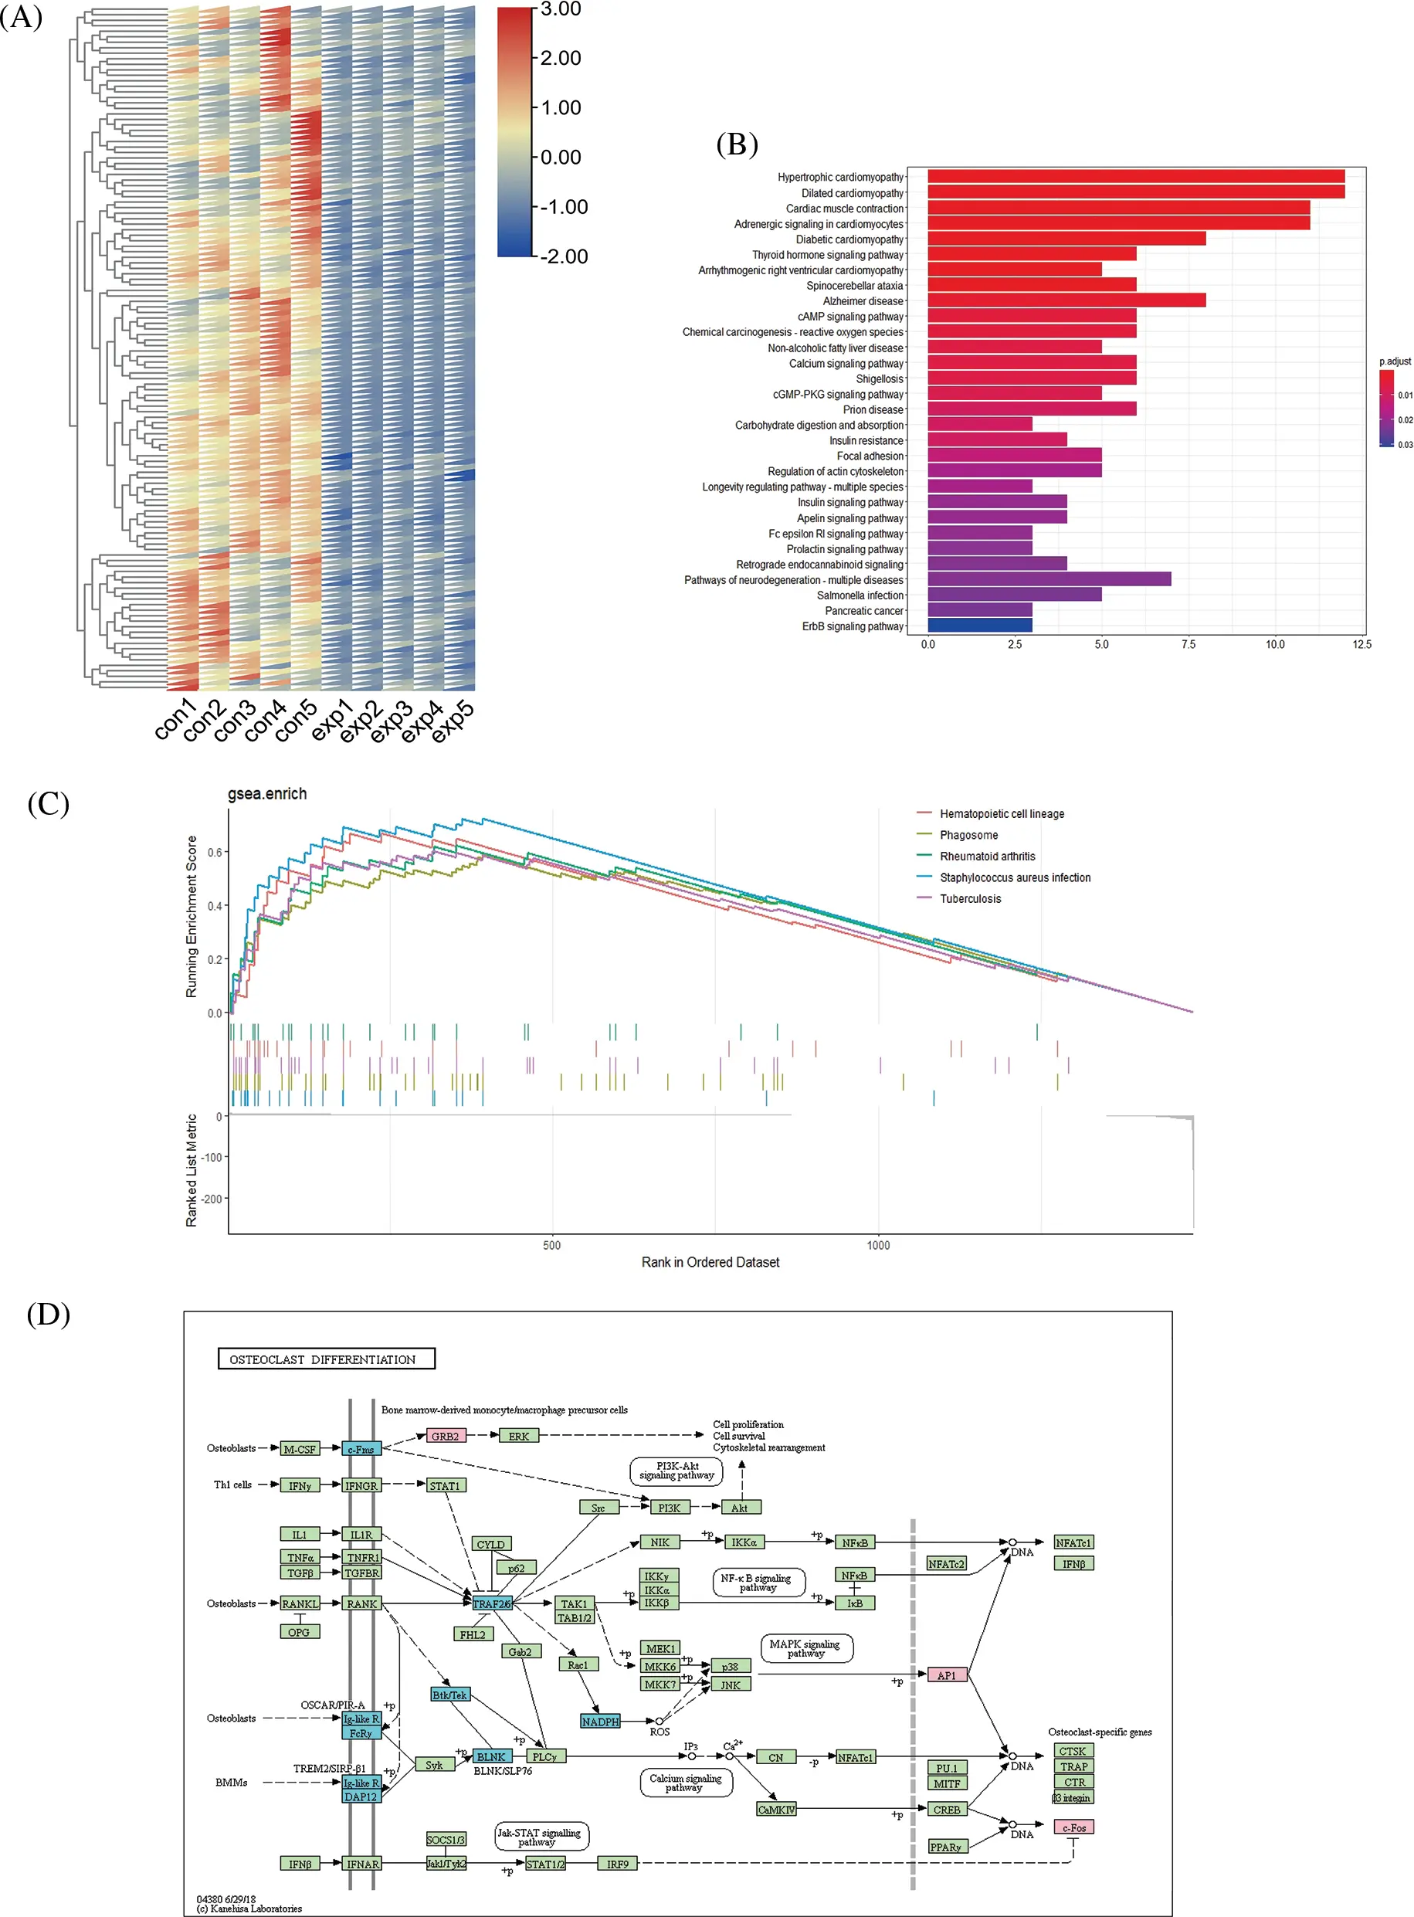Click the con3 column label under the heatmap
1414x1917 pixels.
234,720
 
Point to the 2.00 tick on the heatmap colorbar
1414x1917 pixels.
561,58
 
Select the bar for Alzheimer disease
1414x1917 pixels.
1066,300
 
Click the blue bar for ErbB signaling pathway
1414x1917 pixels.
979,626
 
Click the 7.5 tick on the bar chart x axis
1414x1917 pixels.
1188,644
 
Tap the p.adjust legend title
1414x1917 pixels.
1395,361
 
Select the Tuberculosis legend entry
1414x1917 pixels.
970,898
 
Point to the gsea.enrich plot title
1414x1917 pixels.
267,793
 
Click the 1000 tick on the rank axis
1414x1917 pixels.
878,1245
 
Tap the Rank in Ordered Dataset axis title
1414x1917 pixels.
710,1262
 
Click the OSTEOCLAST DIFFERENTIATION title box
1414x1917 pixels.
326,1359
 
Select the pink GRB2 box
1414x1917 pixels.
446,1436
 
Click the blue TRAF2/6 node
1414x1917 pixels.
492,1603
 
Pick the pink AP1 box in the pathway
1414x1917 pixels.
947,1674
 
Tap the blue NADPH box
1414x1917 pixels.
600,1721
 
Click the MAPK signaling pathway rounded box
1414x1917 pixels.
805,1648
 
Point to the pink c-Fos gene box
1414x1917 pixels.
1073,1827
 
